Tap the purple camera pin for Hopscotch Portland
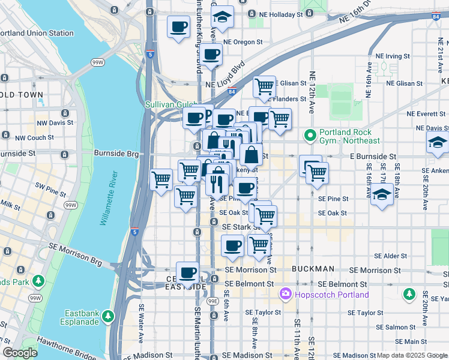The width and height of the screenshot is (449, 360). [x=285, y=295]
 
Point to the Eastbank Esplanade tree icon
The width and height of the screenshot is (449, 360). [x=107, y=315]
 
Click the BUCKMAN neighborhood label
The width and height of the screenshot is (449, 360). [x=312, y=269]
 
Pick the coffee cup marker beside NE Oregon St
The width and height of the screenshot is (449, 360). [x=211, y=54]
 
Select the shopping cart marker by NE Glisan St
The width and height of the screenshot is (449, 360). [x=264, y=87]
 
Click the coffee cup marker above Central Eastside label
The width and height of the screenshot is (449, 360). [x=188, y=272]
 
